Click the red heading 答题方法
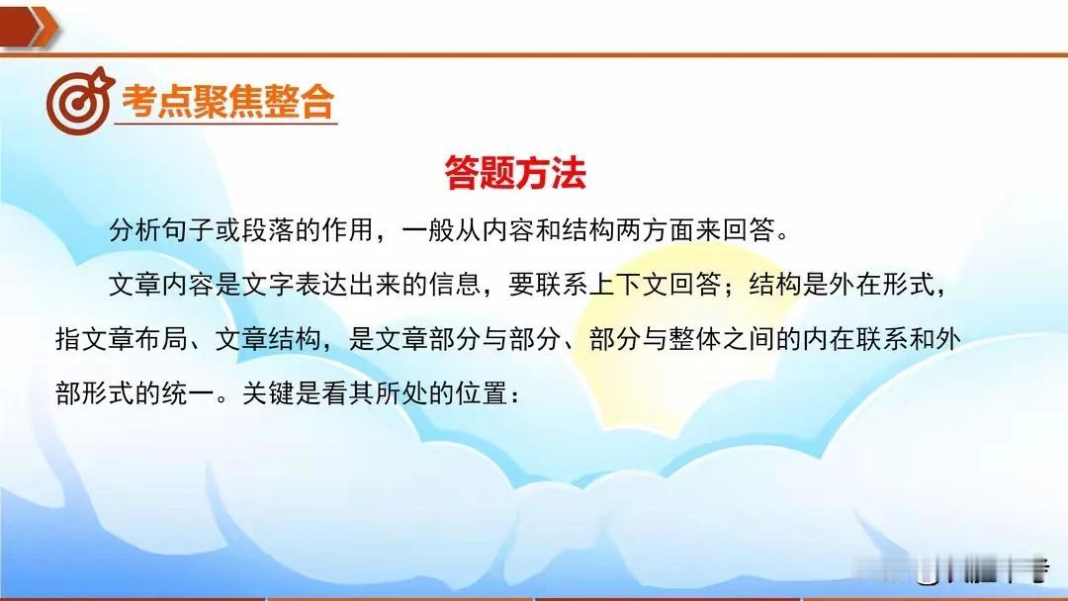515,172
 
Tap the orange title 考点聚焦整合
227,102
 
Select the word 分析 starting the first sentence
135,230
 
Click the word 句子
189,230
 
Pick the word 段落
269,230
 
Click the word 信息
455,284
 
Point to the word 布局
162,338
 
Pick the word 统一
189,392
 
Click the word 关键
269,392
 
